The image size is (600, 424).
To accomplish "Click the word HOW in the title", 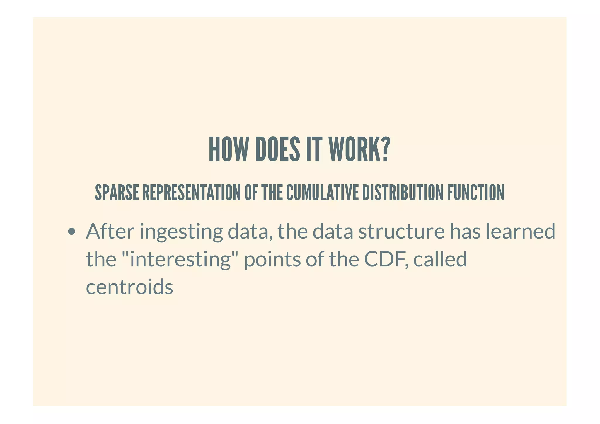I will click(x=228, y=149).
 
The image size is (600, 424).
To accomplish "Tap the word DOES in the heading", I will click(x=277, y=149).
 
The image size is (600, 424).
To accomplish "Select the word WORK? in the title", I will click(x=359, y=149).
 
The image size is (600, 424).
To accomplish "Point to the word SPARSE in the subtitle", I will click(x=117, y=193).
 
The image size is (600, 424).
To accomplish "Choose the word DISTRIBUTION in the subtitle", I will click(x=403, y=193).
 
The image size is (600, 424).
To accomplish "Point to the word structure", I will click(x=401, y=231).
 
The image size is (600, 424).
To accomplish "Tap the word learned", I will click(x=520, y=231).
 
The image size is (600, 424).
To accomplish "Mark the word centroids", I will click(x=129, y=287).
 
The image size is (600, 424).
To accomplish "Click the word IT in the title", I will click(x=314, y=149).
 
